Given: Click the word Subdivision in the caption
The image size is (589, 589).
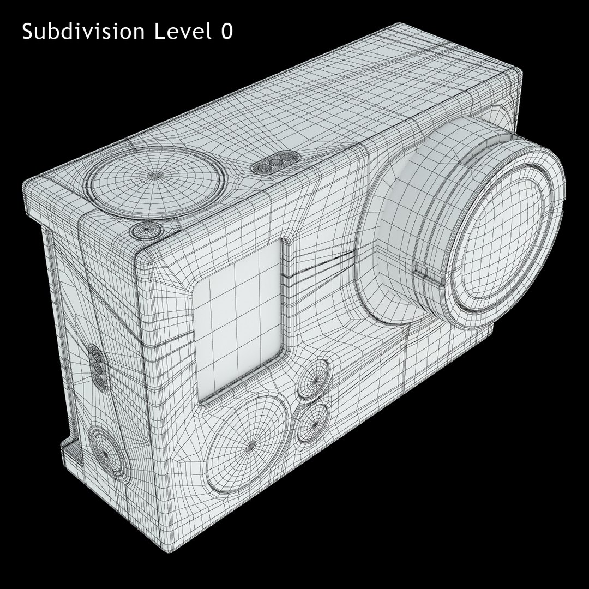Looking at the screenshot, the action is (83, 31).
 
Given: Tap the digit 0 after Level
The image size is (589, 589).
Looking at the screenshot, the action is (227, 32).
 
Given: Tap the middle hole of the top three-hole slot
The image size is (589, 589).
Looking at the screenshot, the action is (276, 163).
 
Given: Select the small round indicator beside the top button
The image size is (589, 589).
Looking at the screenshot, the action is (145, 230).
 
